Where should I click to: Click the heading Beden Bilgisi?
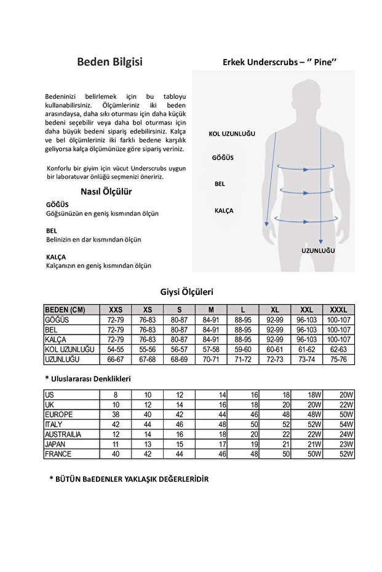click(x=110, y=61)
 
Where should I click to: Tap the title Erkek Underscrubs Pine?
click(x=279, y=61)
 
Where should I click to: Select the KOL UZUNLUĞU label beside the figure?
click(x=231, y=133)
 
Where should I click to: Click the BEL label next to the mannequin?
click(x=219, y=184)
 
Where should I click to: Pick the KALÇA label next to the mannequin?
click(x=223, y=210)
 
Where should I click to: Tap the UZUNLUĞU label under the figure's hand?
click(x=317, y=251)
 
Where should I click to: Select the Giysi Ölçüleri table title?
click(x=186, y=292)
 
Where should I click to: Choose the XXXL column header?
click(x=338, y=310)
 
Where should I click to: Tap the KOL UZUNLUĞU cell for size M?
click(x=211, y=349)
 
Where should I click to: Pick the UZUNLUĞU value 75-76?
click(x=338, y=359)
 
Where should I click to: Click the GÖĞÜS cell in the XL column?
click(x=274, y=320)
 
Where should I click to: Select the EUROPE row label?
click(x=58, y=415)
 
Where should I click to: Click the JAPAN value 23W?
click(x=346, y=444)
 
